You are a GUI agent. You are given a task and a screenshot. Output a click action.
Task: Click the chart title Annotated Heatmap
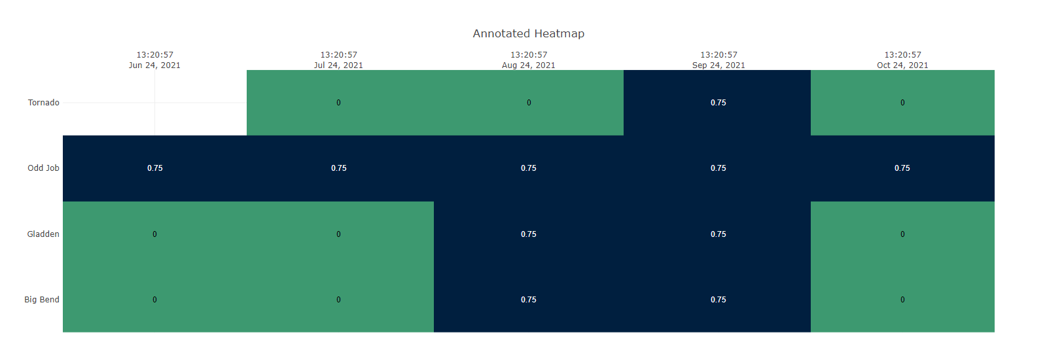tap(528, 33)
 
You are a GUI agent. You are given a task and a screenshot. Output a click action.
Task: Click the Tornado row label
tap(43, 103)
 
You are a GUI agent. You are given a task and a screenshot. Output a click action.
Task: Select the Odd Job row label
tap(43, 168)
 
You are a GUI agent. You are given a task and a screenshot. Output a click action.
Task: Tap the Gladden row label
tap(43, 234)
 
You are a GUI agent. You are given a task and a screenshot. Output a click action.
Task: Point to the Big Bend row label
tap(42, 300)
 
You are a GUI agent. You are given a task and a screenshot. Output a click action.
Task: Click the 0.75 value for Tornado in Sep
tap(719, 103)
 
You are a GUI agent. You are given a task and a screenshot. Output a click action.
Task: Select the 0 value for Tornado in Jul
tap(338, 103)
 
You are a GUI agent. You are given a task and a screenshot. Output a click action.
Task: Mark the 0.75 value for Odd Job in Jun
tap(155, 168)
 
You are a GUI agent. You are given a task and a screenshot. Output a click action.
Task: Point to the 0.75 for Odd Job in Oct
tap(902, 168)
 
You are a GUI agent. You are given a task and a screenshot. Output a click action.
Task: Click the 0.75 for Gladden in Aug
tap(529, 234)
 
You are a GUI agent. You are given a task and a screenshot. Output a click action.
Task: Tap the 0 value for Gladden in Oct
tap(902, 234)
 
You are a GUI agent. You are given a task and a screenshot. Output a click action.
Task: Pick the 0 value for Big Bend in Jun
tap(154, 300)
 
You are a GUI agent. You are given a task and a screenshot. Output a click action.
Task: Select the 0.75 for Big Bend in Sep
tap(719, 300)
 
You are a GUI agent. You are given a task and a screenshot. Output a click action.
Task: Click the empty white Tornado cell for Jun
tap(154, 103)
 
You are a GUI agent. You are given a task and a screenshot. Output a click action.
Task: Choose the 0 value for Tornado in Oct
tap(902, 103)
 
